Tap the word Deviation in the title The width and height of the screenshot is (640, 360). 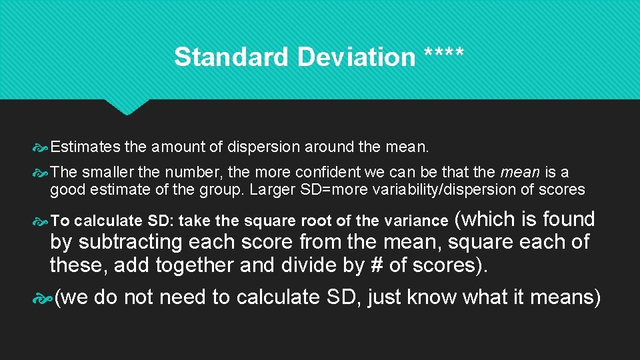tap(356, 57)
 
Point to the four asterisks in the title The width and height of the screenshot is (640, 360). tap(444, 54)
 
